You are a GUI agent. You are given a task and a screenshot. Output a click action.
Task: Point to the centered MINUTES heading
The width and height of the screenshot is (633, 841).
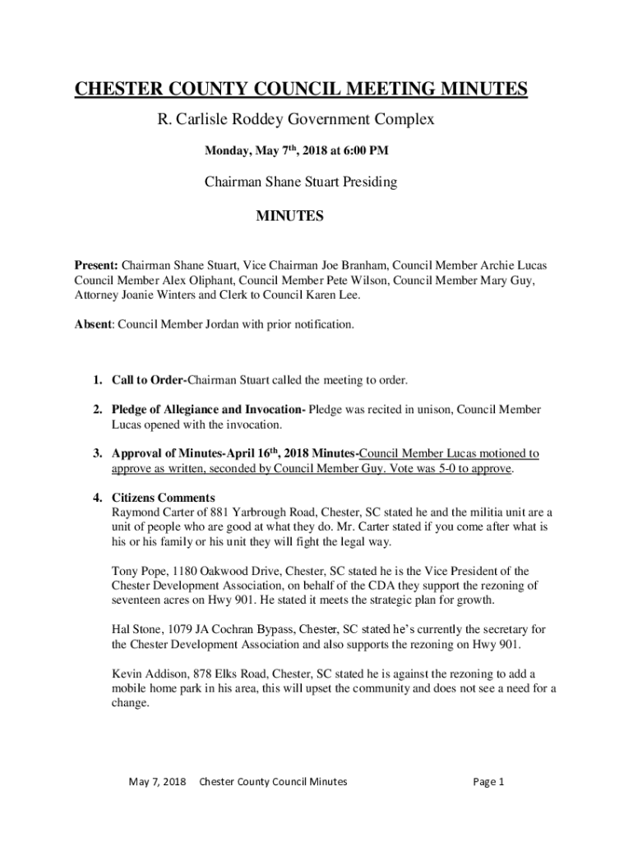[289, 217]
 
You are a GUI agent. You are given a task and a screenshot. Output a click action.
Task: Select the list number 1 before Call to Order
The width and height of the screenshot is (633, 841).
[96, 380]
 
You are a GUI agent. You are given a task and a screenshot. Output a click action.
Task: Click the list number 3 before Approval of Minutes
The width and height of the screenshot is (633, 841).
[96, 453]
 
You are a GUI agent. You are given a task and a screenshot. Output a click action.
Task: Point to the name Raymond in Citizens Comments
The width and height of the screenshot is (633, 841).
[135, 512]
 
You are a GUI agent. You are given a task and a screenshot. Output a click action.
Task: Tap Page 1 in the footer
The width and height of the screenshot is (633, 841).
[488, 782]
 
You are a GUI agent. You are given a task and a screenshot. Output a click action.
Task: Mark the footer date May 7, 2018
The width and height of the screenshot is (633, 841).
[158, 782]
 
